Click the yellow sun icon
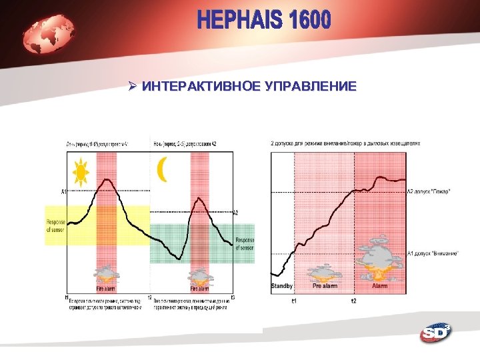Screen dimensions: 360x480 coord(81,173)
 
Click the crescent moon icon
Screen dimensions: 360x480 coord(161,169)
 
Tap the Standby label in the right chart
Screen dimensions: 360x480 coord(282,286)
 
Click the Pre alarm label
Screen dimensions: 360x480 coord(325,286)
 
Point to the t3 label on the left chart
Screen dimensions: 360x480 coord(232,297)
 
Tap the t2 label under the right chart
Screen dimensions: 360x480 coord(354,301)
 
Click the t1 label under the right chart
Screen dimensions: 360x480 coord(294,301)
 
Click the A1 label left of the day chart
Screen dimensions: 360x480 coord(64,192)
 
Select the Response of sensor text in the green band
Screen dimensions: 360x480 coord(245,243)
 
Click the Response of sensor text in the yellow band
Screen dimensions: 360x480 coord(55,226)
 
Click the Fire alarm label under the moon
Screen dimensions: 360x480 coord(200,289)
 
